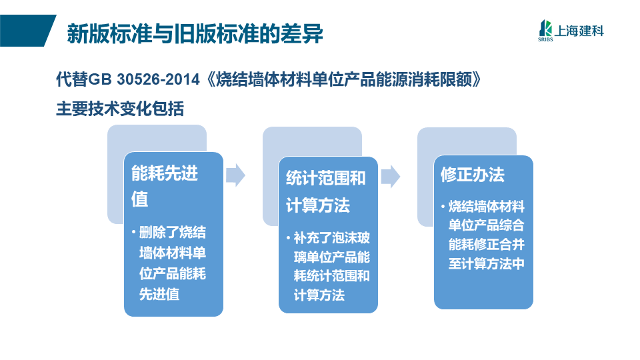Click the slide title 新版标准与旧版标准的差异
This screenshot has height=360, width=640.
click(x=195, y=33)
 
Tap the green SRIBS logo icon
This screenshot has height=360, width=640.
click(x=545, y=30)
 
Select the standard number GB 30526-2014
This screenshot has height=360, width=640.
click(x=144, y=79)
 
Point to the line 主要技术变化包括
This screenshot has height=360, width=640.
click(x=120, y=109)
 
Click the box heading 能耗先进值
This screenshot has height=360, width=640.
click(x=165, y=186)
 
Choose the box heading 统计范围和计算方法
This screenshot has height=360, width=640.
click(x=326, y=191)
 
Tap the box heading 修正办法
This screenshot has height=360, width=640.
click(x=472, y=174)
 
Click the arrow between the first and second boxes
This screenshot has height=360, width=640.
click(x=235, y=175)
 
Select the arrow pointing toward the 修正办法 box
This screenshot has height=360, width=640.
click(x=391, y=176)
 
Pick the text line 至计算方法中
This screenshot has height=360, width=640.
click(x=486, y=263)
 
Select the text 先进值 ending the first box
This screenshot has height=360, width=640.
click(x=159, y=294)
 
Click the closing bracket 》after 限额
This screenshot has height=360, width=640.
click(x=477, y=79)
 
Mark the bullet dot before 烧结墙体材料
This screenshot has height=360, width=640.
click(x=443, y=207)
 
